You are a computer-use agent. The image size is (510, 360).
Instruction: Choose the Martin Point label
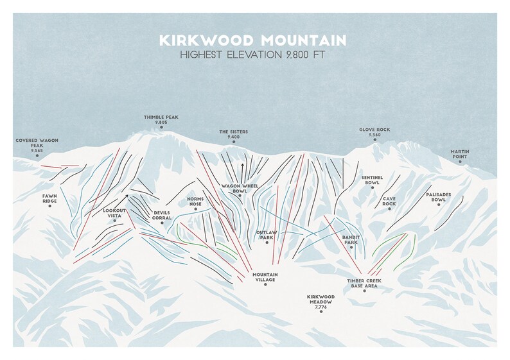[x=460, y=154]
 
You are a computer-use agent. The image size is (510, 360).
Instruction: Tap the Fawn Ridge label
[x=49, y=198]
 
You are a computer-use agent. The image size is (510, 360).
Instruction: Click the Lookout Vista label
[x=114, y=212]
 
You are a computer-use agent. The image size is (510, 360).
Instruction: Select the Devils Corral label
[x=162, y=216]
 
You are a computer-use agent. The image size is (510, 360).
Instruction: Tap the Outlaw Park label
[x=266, y=235]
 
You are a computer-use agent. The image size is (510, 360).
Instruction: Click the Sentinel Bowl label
[x=373, y=180]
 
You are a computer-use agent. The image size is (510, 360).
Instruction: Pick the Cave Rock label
[x=389, y=201]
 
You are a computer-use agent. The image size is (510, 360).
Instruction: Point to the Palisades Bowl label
[x=439, y=197]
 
